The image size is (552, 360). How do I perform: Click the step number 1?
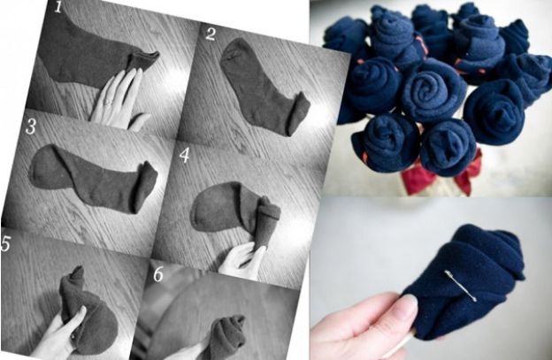coord(57,6)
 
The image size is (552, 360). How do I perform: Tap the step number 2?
coord(211,34)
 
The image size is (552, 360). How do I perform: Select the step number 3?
coord(31,126)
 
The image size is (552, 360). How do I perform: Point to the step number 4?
coord(185,155)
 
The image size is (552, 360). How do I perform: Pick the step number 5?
coord(6,243)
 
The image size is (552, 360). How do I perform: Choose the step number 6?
coord(158,274)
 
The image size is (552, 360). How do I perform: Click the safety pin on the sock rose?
coord(461,286)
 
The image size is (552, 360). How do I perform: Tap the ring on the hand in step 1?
coord(108,103)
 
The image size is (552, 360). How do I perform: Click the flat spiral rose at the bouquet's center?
coord(433,90)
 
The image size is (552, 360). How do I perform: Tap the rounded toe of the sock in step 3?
coord(44,166)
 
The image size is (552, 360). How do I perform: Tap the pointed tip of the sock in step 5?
coord(78,271)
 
